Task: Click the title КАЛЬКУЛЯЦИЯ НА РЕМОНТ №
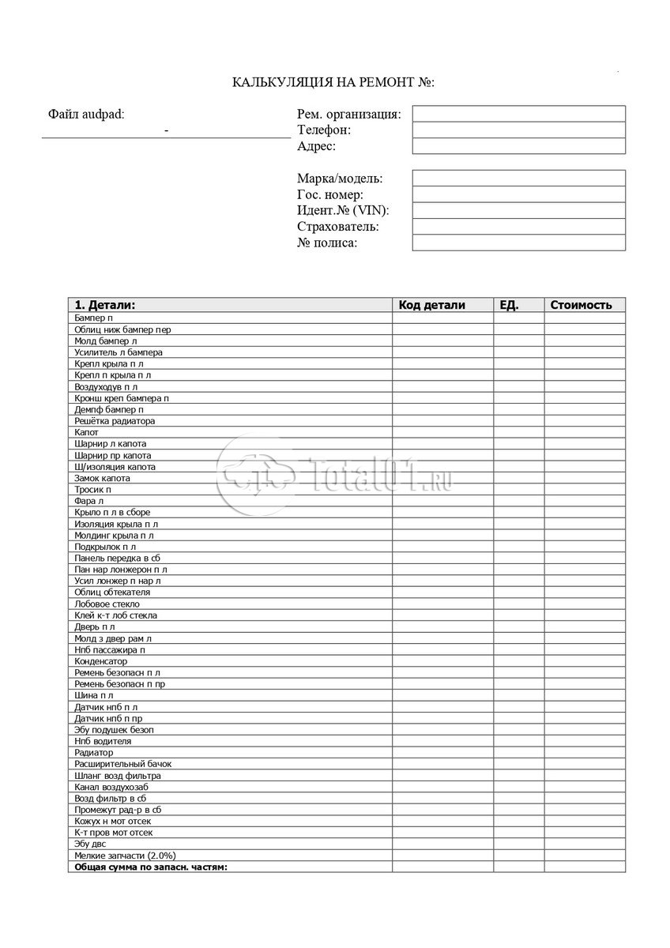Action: (x=333, y=82)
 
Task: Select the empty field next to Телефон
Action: (x=518, y=130)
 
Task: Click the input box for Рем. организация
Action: (x=518, y=114)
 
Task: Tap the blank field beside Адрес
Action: (x=518, y=146)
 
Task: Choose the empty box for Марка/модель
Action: (x=518, y=179)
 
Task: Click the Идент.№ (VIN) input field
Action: (x=518, y=210)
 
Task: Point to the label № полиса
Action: (x=327, y=243)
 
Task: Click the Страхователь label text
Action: (x=337, y=227)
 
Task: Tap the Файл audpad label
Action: (x=86, y=114)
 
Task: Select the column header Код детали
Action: (x=431, y=305)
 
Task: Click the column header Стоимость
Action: (x=581, y=305)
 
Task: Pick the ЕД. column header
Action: (x=509, y=305)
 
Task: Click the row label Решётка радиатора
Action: (x=115, y=421)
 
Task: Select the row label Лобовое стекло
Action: (x=107, y=604)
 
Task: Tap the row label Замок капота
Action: (x=102, y=478)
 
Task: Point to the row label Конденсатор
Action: (x=100, y=661)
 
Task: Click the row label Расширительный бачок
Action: (x=122, y=764)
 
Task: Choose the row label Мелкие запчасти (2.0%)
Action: (x=125, y=856)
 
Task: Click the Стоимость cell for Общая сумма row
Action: (x=584, y=867)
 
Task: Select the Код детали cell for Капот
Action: (x=442, y=433)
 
